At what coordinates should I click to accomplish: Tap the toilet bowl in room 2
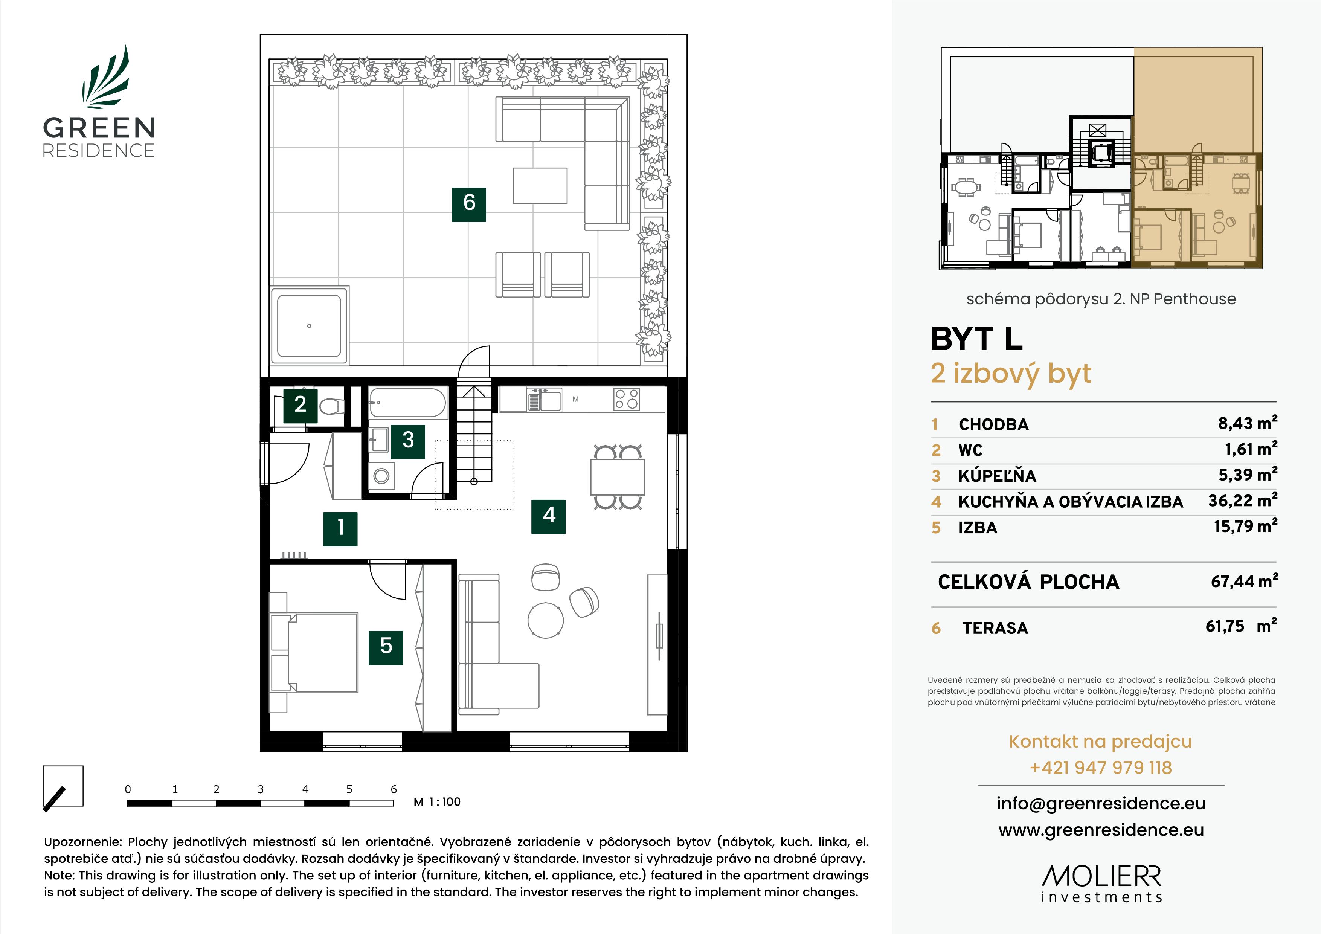tap(331, 407)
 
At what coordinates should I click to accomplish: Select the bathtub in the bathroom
tap(407, 402)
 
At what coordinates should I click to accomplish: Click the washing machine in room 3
tap(381, 476)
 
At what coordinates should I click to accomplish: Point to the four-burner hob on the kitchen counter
tap(626, 399)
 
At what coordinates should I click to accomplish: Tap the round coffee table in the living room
tap(545, 620)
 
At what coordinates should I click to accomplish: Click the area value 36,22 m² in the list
tap(1242, 501)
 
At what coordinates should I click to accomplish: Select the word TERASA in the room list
tap(995, 628)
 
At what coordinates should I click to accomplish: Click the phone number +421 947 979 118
tap(1100, 768)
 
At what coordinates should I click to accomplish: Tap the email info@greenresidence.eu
tap(1100, 803)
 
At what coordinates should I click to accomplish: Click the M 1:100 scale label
tap(437, 802)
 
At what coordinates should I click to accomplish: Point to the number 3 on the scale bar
tap(261, 789)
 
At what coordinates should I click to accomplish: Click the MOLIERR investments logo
tap(1101, 884)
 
